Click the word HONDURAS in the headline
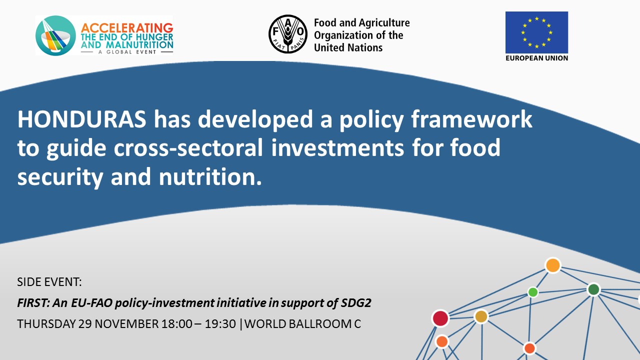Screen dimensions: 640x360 coord(81,119)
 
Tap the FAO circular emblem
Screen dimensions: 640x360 coord(288,34)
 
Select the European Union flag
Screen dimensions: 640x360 coord(536,32)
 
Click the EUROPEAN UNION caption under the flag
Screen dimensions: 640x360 coord(536,58)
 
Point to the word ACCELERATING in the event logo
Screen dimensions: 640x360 coord(127,28)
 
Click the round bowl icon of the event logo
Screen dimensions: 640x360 coord(55,35)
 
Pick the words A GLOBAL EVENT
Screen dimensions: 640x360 coord(127,52)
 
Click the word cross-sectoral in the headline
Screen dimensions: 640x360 coord(188,148)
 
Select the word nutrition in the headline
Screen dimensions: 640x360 coord(210,177)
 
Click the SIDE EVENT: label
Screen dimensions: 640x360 coord(49,282)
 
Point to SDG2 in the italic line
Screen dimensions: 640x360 coord(356,303)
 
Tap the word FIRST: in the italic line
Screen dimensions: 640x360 coord(33,303)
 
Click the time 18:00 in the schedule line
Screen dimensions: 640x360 coord(177,324)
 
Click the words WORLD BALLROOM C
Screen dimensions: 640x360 coord(302,324)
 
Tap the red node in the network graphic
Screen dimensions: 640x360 coord(440,318)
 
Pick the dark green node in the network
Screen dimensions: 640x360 coord(593,289)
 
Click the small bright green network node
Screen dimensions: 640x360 coord(533,292)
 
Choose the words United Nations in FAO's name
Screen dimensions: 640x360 coord(348,47)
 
